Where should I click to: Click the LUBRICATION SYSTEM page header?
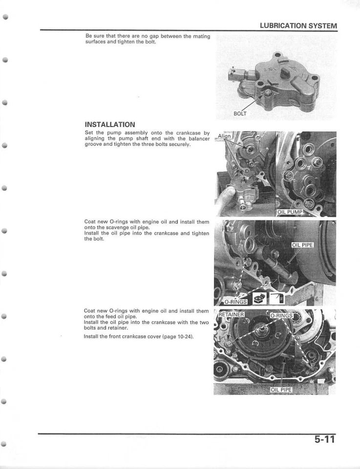click(x=298, y=25)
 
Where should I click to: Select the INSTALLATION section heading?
click(x=109, y=125)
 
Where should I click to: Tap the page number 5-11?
click(x=324, y=439)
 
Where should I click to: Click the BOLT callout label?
click(x=240, y=113)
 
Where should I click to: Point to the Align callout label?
click(x=224, y=137)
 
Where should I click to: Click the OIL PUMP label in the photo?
click(x=290, y=212)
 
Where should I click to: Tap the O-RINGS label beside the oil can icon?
click(x=235, y=301)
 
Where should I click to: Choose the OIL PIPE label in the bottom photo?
click(x=281, y=390)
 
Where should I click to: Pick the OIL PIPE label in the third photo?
click(x=302, y=245)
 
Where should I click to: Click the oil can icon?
click(x=258, y=298)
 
